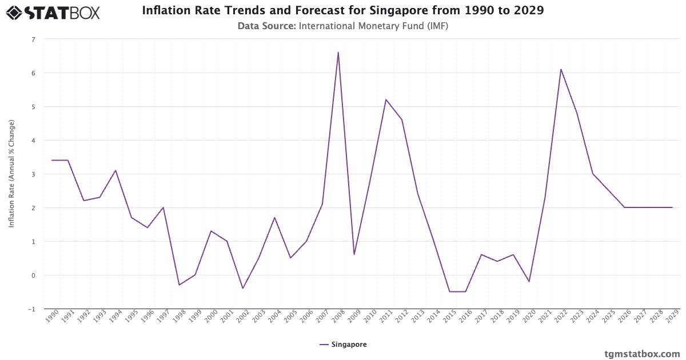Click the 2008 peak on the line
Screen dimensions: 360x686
[x=338, y=53]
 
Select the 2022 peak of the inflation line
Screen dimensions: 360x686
[x=561, y=69]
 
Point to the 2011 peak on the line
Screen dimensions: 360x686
[x=386, y=99]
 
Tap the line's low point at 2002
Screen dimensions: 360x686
[x=242, y=288]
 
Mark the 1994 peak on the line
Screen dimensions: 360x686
[x=115, y=170]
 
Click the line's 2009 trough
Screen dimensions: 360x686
[x=354, y=254]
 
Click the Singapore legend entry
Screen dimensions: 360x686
[x=343, y=345]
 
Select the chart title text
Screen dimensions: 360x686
[x=343, y=11]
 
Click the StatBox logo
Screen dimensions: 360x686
[x=53, y=12]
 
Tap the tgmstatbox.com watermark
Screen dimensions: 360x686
[x=643, y=354]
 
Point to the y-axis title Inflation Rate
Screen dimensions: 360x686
[x=11, y=174]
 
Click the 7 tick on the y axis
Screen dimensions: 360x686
[x=33, y=39]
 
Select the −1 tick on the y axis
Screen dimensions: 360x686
[x=31, y=309]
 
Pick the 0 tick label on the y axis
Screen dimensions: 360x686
[x=33, y=275]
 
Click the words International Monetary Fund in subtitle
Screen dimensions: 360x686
[x=349, y=26]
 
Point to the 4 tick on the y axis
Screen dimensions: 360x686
[x=33, y=141]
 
